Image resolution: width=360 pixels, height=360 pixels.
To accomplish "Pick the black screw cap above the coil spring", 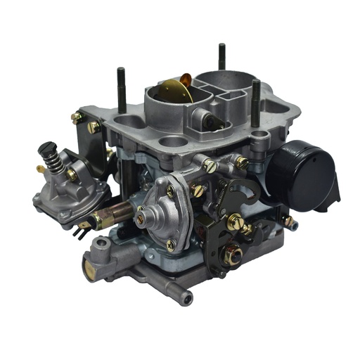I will click(x=48, y=149).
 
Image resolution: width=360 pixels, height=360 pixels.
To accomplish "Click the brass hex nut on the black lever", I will click(x=233, y=254).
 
